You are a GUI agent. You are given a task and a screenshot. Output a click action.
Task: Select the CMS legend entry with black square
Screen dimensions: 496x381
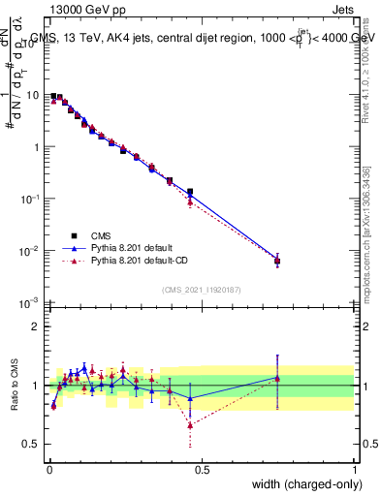point(99,234)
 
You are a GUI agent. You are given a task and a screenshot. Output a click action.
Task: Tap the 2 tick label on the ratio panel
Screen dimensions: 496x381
point(37,326)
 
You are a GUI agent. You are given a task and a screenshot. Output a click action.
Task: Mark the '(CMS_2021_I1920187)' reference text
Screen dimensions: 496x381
point(202,290)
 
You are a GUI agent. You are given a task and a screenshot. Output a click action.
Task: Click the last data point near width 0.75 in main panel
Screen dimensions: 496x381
point(277,261)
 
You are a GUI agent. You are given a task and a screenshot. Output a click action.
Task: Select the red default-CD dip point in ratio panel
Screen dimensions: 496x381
point(190,424)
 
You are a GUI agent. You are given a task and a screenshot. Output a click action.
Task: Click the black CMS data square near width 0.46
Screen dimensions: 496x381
point(190,192)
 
